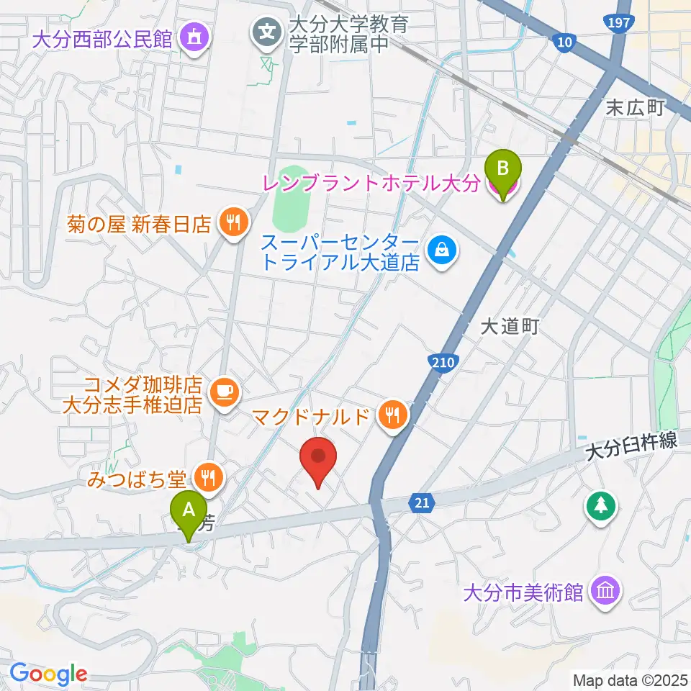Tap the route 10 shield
pos(565,43)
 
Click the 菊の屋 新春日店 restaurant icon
pos(232,223)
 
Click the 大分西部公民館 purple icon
pos(194,35)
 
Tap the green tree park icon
pos(600,505)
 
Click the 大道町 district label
pos(510,328)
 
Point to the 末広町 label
pos(635,108)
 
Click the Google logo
pos(48,674)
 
